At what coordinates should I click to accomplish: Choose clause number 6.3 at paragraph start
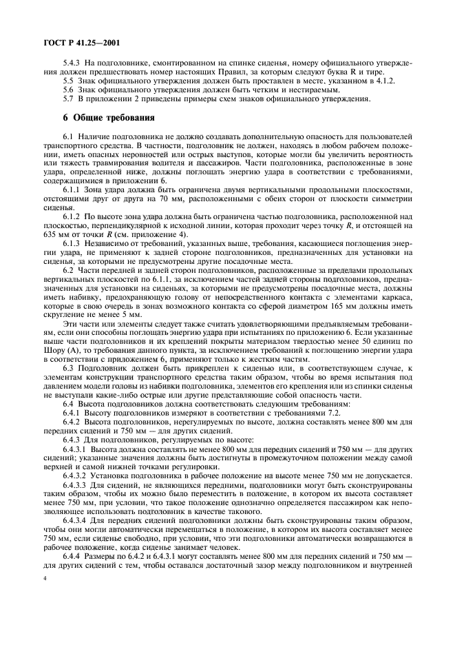tap(70, 369)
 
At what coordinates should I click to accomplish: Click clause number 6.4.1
tap(72, 413)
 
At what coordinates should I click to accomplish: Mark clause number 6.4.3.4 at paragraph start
tap(75, 520)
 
